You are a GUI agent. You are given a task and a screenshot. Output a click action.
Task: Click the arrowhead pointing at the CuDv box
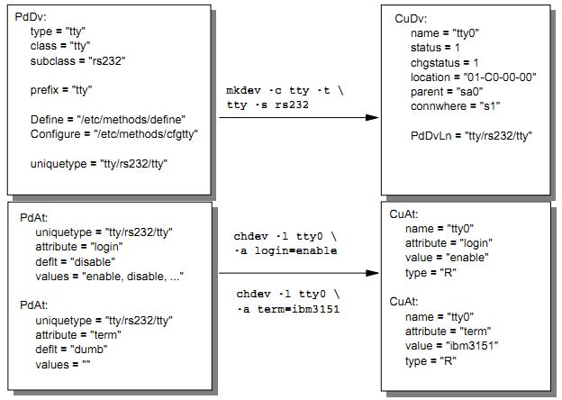point(372,118)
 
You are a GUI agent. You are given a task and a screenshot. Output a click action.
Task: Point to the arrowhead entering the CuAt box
point(372,273)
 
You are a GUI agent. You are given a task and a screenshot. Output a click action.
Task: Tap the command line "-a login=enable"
point(286,250)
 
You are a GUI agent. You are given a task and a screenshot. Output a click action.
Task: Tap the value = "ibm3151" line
point(452,346)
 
